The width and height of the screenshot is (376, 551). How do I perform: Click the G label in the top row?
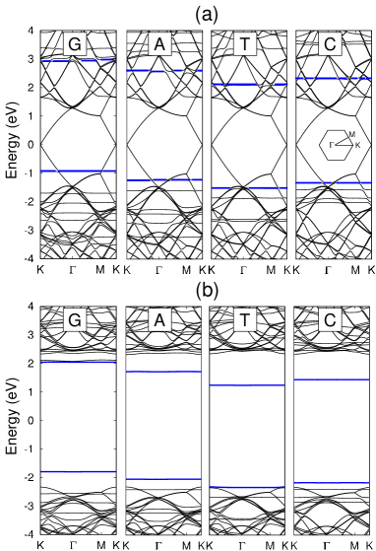[75, 44]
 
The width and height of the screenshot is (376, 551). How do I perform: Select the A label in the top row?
[159, 44]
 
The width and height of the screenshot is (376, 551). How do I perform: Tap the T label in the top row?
[244, 44]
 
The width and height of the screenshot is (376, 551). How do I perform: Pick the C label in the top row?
[330, 44]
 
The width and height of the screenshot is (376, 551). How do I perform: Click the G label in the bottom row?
[75, 320]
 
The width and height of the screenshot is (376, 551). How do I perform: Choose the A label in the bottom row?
[159, 320]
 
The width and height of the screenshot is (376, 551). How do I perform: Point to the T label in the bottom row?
[244, 320]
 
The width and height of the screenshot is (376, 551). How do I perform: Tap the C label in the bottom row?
[330, 320]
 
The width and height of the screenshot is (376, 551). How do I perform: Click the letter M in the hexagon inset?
[351, 134]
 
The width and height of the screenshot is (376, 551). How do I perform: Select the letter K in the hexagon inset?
[356, 145]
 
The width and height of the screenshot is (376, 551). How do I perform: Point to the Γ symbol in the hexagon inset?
[331, 145]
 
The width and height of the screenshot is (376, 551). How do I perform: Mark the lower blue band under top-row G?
[79, 172]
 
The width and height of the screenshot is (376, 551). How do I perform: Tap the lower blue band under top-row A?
[163, 180]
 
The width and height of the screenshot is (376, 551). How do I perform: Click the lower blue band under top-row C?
[333, 183]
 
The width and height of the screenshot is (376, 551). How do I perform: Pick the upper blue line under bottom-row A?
[163, 372]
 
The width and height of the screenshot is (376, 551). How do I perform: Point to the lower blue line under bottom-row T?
[247, 487]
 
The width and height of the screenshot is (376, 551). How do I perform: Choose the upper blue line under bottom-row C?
[332, 379]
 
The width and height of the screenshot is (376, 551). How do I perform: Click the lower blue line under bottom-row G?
[79, 472]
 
